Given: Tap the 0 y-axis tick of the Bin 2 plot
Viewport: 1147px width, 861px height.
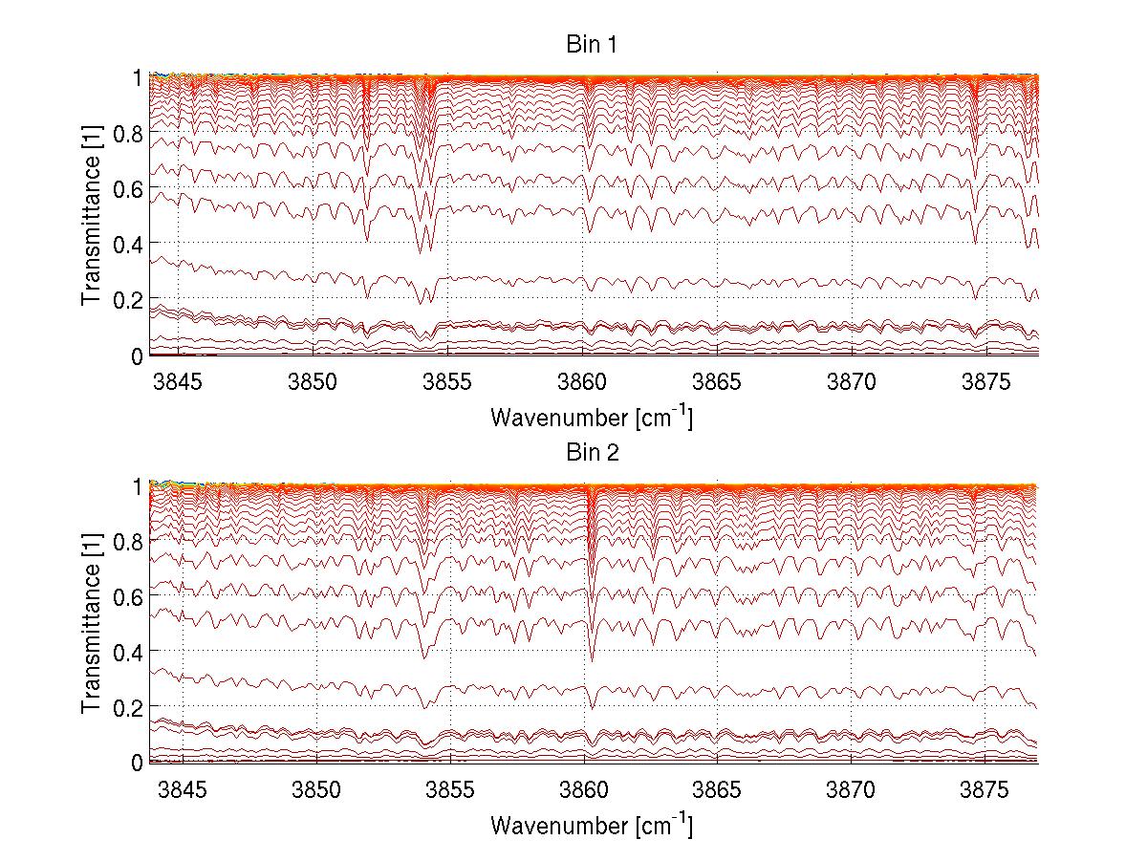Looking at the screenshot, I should click(138, 763).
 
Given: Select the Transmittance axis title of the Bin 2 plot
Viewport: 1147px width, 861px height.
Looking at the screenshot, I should click(92, 623).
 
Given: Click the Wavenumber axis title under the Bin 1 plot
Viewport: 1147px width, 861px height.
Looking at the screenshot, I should click(592, 417).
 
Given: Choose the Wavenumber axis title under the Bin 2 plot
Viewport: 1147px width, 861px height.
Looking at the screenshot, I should click(592, 824).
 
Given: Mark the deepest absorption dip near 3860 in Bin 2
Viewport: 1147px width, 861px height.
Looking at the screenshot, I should click(592, 659).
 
